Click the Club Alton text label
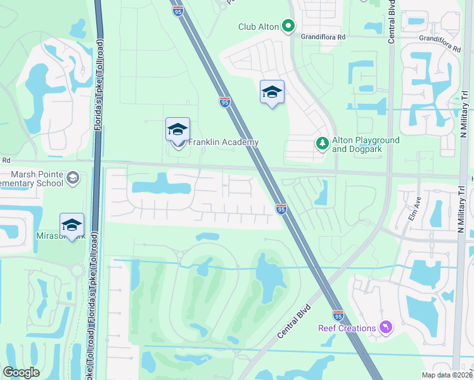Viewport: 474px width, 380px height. [x=259, y=27]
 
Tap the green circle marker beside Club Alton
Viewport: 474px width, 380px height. [x=289, y=27]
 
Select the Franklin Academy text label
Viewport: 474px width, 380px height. [x=224, y=142]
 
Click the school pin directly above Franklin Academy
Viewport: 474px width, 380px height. [x=177, y=130]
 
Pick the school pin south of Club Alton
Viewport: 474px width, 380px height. [x=272, y=92]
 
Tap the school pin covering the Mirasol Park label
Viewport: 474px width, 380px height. [x=72, y=225]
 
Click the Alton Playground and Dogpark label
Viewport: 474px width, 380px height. [x=366, y=144]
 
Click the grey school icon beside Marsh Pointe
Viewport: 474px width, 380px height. [x=72, y=178]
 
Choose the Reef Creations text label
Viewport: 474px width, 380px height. [x=347, y=328]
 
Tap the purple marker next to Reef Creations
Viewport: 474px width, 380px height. [x=385, y=327]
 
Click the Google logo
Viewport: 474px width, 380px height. [x=21, y=372]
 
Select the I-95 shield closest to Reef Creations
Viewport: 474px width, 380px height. [x=338, y=315]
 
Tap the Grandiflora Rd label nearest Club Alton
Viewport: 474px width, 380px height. [x=323, y=37]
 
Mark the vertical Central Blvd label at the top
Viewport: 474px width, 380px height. [x=392, y=25]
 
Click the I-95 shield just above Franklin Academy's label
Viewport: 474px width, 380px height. [x=224, y=102]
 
